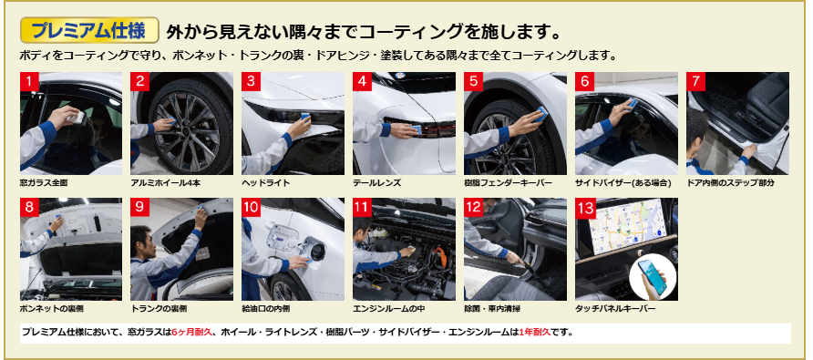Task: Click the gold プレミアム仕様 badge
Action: pyautogui.click(x=89, y=30)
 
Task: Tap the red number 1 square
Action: pyautogui.click(x=29, y=81)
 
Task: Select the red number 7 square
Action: pyautogui.click(x=695, y=81)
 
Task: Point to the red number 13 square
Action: pyautogui.click(x=585, y=208)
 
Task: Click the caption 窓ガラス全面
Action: pyautogui.click(x=44, y=182)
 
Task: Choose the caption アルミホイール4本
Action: pyautogui.click(x=165, y=182)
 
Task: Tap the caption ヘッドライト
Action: pyautogui.click(x=266, y=182)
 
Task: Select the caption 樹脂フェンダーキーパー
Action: pyautogui.click(x=509, y=182)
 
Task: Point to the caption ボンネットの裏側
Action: pyautogui.click(x=51, y=309)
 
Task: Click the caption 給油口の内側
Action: pyautogui.click(x=266, y=309)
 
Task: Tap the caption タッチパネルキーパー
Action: pyautogui.click(x=615, y=309)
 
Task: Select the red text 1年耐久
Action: pyautogui.click(x=534, y=332)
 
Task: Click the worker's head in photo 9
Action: pyautogui.click(x=141, y=242)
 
